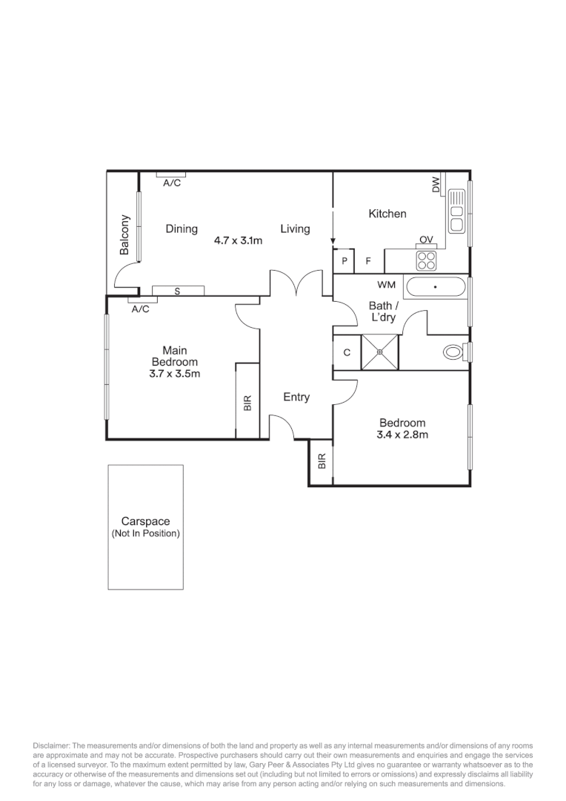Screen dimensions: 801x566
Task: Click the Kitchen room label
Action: pyautogui.click(x=387, y=214)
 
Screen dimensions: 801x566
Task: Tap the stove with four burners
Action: pyautogui.click(x=426, y=260)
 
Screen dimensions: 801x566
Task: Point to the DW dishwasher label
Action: pyautogui.click(x=436, y=185)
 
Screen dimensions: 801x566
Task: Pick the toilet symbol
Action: pyautogui.click(x=453, y=352)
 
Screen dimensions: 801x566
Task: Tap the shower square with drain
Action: pyautogui.click(x=379, y=352)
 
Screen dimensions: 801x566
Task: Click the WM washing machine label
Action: pyautogui.click(x=386, y=285)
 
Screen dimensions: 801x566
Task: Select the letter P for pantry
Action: pyautogui.click(x=344, y=261)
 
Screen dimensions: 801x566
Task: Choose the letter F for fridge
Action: pyautogui.click(x=368, y=261)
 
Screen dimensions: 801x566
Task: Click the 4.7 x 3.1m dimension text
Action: pyautogui.click(x=239, y=240)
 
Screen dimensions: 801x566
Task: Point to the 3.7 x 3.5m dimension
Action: pyautogui.click(x=175, y=374)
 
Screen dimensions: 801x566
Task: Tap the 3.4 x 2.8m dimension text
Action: pyautogui.click(x=402, y=435)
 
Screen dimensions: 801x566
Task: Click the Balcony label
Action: pyautogui.click(x=125, y=235)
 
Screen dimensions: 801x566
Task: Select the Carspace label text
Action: pyautogui.click(x=146, y=521)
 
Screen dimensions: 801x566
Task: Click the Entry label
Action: pyautogui.click(x=296, y=398)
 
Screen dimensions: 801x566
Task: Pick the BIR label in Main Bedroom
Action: pyautogui.click(x=247, y=403)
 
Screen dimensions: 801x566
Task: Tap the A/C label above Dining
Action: pyautogui.click(x=171, y=182)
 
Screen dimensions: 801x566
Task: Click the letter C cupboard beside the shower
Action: pyautogui.click(x=346, y=353)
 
